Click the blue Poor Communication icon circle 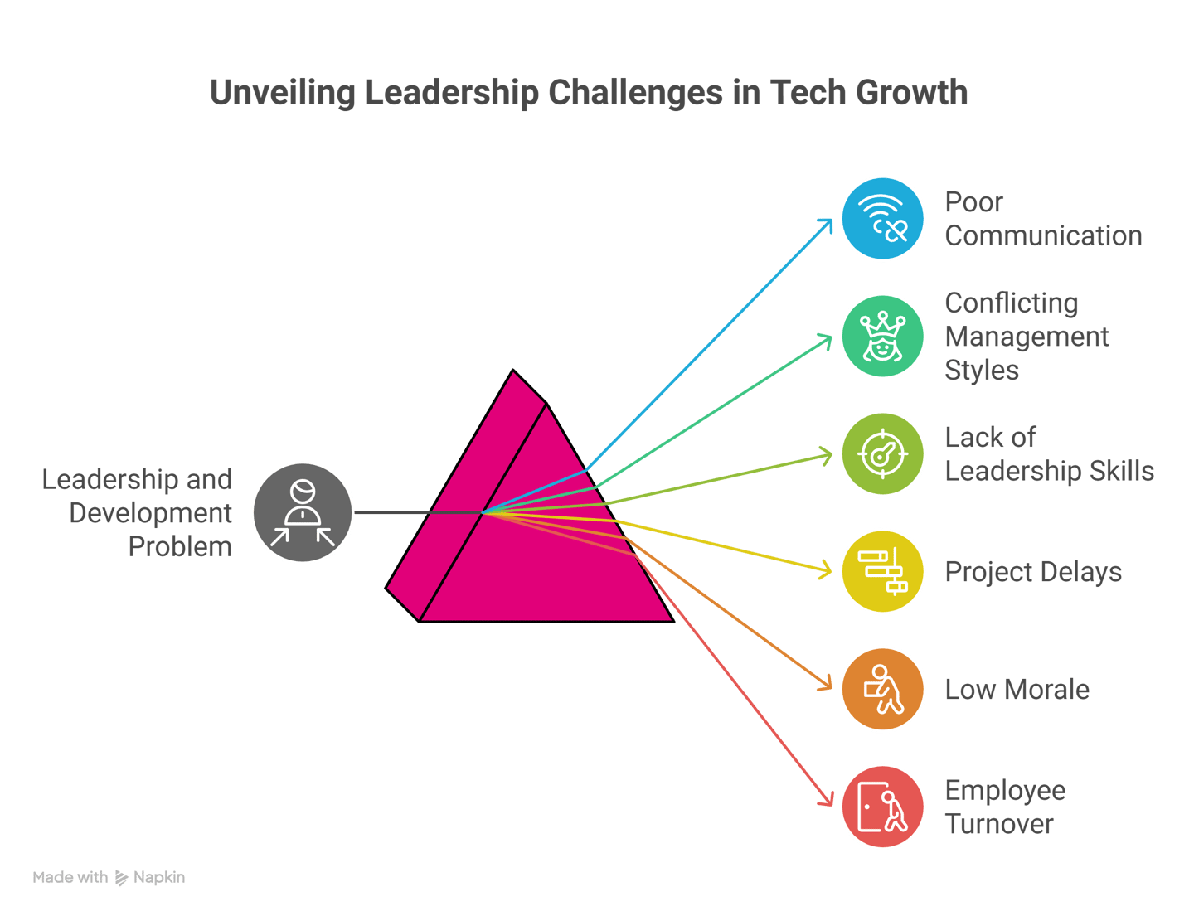[882, 219]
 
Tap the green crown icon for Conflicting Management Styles [882, 337]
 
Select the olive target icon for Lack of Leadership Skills [882, 454]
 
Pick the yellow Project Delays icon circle [882, 572]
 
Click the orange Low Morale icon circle [882, 690]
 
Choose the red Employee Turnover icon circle [882, 807]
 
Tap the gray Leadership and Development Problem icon [303, 513]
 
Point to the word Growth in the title [911, 93]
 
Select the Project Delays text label [1033, 572]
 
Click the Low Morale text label [1017, 690]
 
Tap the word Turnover [999, 824]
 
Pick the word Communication [1043, 236]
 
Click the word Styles [982, 371]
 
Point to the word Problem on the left [180, 547]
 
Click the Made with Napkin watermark [109, 877]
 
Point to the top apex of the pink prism [513, 371]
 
